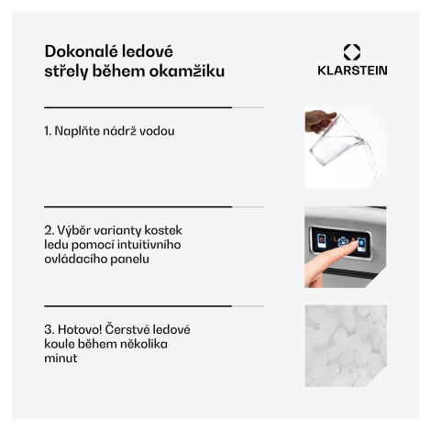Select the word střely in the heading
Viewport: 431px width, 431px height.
tap(66, 72)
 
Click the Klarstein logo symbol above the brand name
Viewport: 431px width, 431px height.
tap(352, 52)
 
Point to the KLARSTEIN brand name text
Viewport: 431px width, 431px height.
tap(352, 71)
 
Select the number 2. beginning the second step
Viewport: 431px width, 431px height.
tap(50, 230)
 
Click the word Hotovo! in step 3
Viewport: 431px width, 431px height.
tap(80, 329)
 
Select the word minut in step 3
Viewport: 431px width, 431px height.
tap(61, 358)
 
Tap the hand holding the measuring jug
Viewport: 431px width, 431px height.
tap(318, 121)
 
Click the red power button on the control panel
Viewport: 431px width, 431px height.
tap(321, 240)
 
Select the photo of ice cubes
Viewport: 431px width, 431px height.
tap(346, 346)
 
